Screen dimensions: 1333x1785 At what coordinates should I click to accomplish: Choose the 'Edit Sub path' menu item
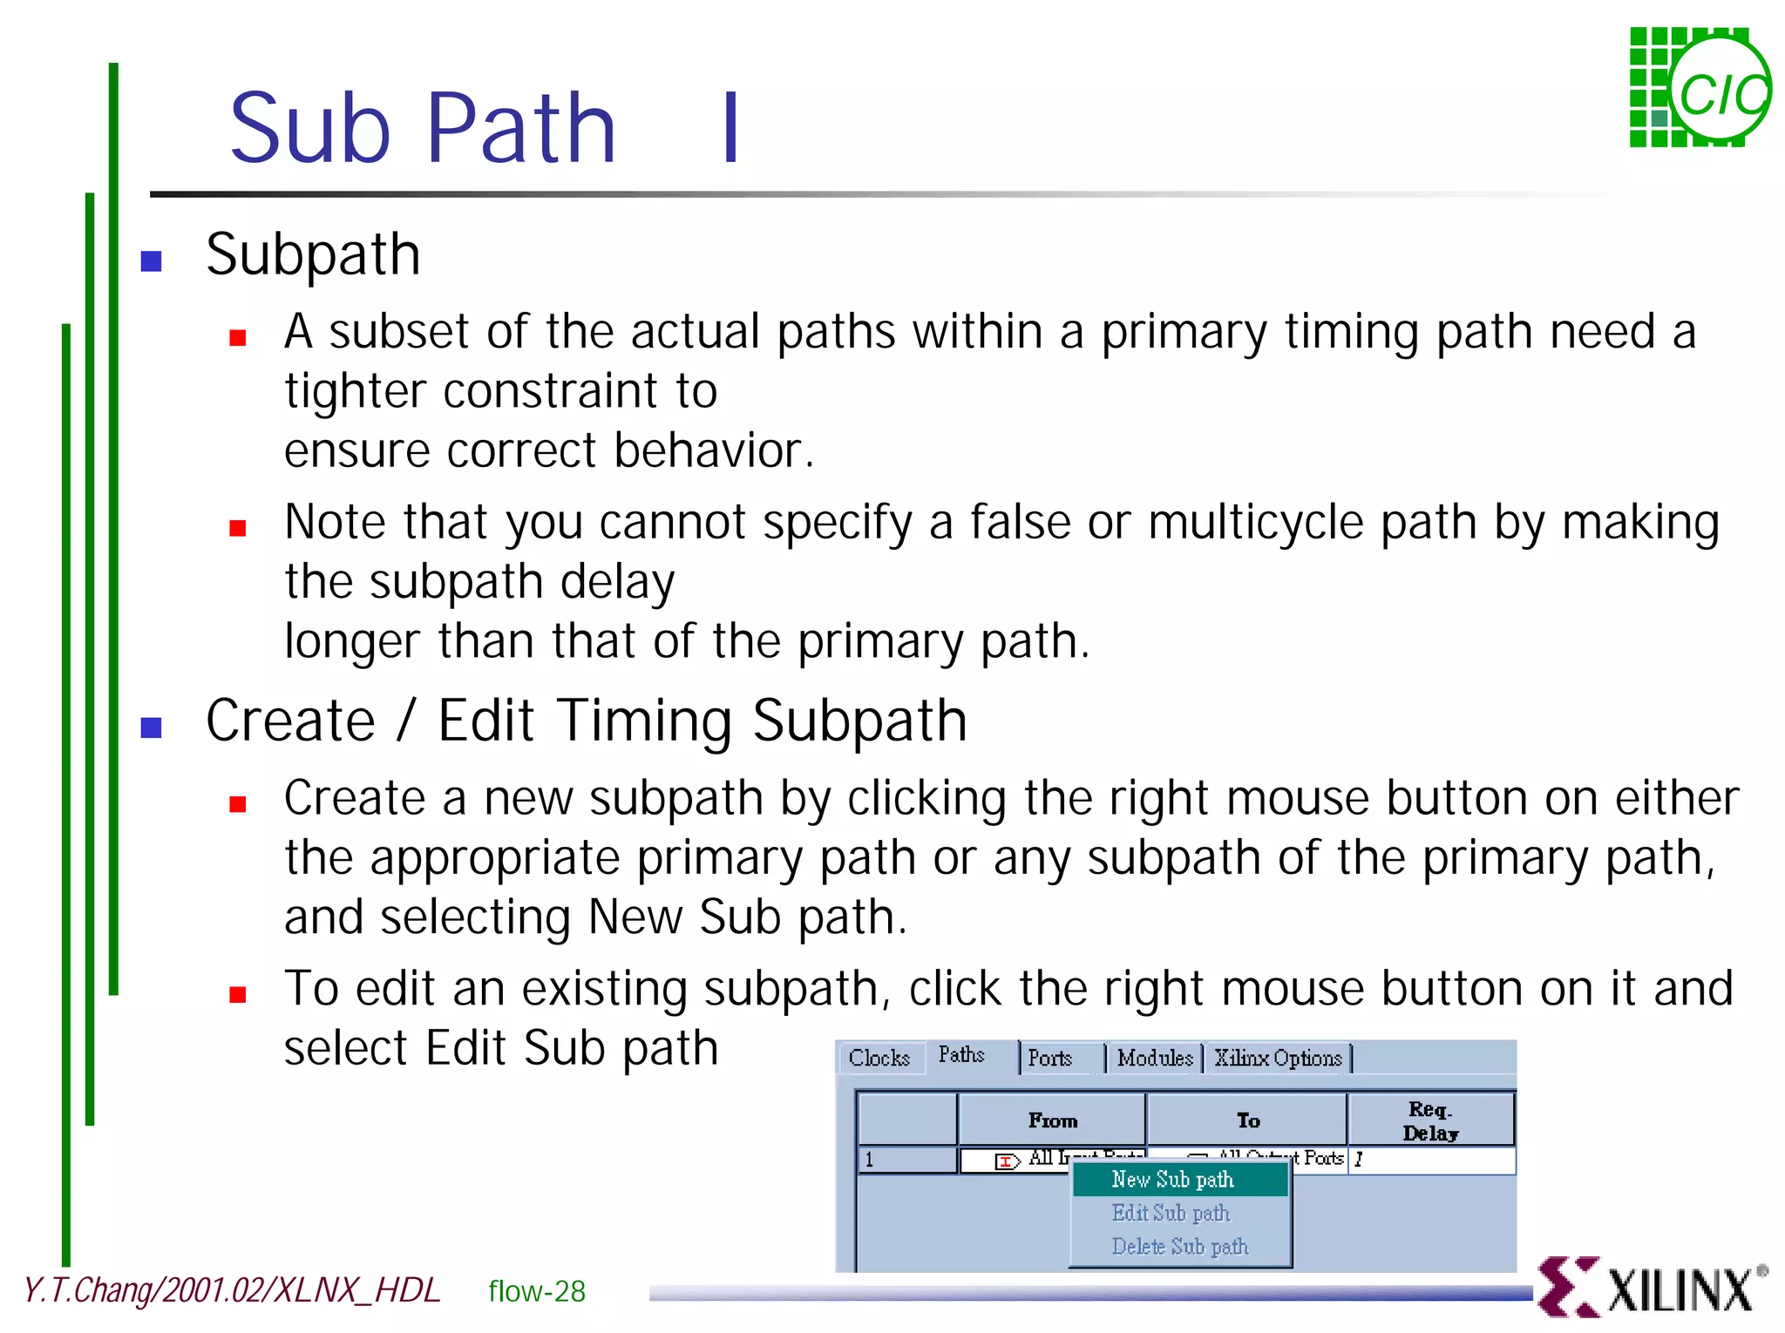(1171, 1213)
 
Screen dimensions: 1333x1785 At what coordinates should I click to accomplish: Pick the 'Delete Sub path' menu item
(1179, 1247)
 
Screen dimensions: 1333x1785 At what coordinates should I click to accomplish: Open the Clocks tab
(879, 1059)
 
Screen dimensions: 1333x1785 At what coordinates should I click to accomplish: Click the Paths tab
(962, 1055)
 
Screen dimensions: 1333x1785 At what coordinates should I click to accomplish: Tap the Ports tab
(1050, 1059)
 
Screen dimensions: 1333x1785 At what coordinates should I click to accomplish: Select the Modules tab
(1155, 1059)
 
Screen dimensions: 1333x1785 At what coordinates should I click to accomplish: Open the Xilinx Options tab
(1278, 1059)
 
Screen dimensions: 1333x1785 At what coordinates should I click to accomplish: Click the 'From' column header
(1052, 1121)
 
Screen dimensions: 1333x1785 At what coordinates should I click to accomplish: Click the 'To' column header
(1247, 1121)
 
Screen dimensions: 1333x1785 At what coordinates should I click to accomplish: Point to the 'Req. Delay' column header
(1430, 1121)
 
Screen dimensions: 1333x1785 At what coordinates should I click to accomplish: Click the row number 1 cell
(906, 1160)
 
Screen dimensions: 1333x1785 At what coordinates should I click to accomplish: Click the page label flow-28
(537, 1291)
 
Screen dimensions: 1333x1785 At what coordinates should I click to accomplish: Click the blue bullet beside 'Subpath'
(152, 261)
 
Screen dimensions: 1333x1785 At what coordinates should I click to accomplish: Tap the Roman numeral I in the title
(731, 128)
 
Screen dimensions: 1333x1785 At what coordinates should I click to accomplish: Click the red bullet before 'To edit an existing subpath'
(238, 994)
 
